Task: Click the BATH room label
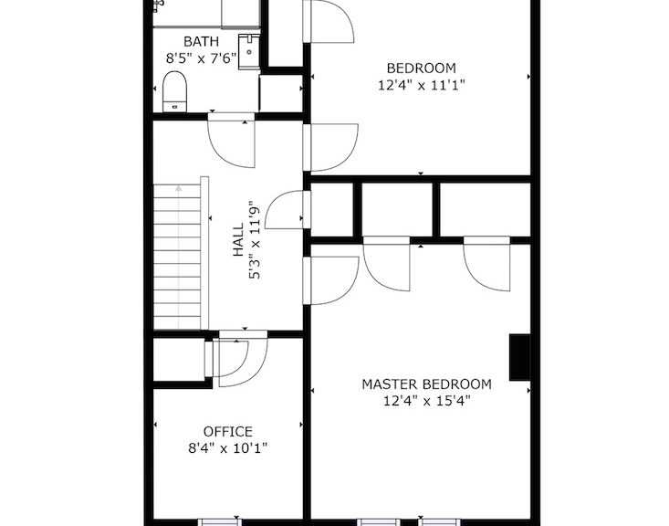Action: point(201,41)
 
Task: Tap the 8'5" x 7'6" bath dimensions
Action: point(201,58)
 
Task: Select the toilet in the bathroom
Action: point(174,91)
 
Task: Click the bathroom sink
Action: point(249,51)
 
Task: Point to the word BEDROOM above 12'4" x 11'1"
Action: point(421,68)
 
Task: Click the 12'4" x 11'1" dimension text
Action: point(421,85)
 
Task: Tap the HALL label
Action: point(237,240)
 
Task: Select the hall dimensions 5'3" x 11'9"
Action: point(255,240)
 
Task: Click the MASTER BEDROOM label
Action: point(426,384)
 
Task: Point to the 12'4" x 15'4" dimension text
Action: point(426,401)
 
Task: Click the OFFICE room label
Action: point(228,431)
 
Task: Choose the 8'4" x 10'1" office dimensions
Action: point(228,448)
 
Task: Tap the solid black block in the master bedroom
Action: point(519,357)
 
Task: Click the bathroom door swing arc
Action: point(222,154)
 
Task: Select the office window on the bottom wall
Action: point(220,522)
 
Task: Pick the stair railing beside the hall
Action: point(204,253)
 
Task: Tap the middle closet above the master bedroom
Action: point(397,209)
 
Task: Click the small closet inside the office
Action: point(179,359)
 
